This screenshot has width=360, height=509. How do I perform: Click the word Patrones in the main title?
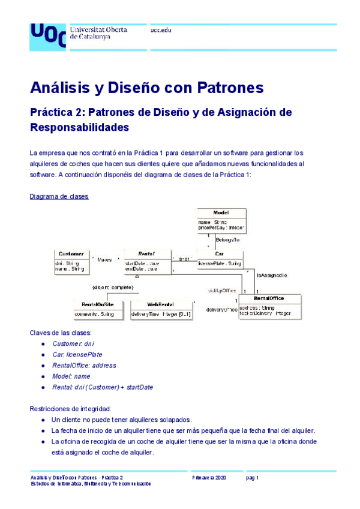click(x=230, y=88)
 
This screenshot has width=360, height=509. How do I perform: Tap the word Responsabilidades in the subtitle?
click(x=79, y=127)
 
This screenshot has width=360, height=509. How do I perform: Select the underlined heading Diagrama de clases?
click(x=59, y=196)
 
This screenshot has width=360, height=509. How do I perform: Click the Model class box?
click(x=221, y=220)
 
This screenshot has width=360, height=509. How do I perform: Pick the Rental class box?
click(x=146, y=262)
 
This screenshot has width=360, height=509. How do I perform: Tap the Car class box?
click(x=219, y=259)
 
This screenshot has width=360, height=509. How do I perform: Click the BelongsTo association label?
click(x=227, y=239)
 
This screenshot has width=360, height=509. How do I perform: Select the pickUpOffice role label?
click(x=221, y=291)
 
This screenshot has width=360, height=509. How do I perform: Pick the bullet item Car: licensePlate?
click(x=77, y=354)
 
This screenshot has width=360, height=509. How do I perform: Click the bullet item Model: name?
click(x=71, y=376)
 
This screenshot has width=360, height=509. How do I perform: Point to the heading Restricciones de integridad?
click(x=70, y=409)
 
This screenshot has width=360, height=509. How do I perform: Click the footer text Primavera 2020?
click(x=209, y=477)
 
